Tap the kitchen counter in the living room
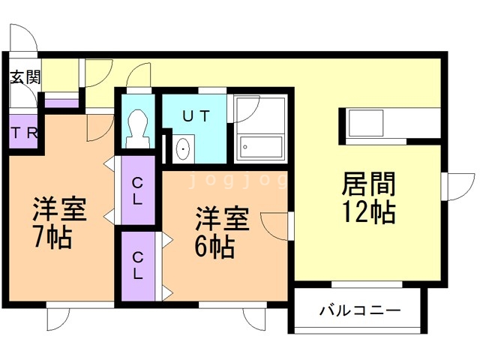coord(392,124)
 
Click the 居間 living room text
coord(368,184)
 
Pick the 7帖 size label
coord(52,238)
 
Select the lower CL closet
coord(138,267)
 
